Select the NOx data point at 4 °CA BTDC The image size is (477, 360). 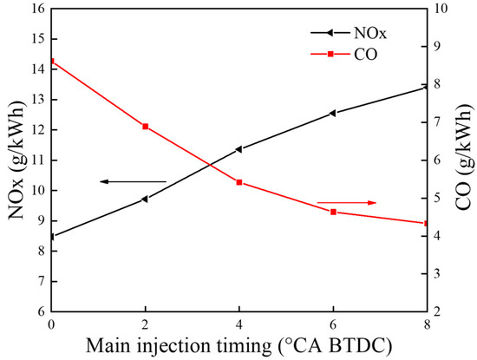238,149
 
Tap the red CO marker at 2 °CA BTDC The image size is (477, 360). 146,127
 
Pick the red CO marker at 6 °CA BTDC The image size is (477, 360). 333,212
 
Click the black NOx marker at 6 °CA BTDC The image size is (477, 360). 332,113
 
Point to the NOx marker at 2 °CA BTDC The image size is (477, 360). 145,199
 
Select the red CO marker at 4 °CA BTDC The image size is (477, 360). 239,182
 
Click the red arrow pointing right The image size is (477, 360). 348,202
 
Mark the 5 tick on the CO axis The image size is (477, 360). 440,198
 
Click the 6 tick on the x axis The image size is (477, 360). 333,323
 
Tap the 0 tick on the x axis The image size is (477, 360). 52,323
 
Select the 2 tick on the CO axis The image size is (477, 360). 440,311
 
